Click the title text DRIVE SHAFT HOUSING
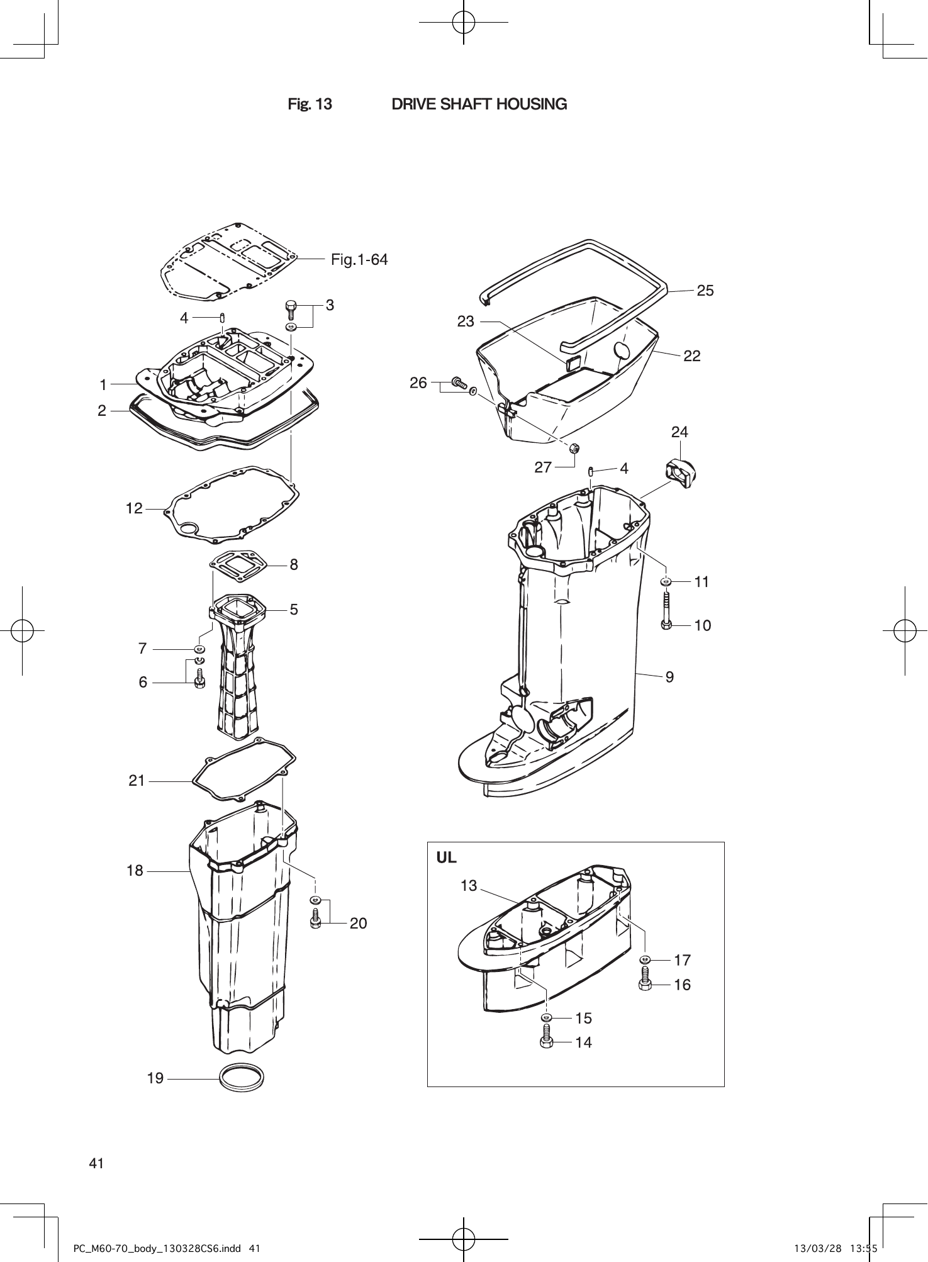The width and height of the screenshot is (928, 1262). [x=479, y=104]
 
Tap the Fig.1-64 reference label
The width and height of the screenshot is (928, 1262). [x=359, y=259]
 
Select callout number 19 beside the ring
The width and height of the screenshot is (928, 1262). [x=155, y=1078]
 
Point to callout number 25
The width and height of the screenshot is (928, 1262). [x=705, y=290]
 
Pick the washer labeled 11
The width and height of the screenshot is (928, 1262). [x=666, y=581]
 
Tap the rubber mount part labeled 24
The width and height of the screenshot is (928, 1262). [x=680, y=472]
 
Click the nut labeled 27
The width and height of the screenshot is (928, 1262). [x=574, y=449]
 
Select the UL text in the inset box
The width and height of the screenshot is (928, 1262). [x=447, y=857]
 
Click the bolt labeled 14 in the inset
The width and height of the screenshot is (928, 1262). [x=546, y=1038]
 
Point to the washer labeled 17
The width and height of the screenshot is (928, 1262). [x=645, y=959]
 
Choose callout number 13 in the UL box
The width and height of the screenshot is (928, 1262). [x=469, y=886]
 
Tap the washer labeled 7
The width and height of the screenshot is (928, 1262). [x=199, y=649]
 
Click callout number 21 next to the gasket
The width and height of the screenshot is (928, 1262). [x=137, y=781]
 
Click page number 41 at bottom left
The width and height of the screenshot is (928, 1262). [x=96, y=1163]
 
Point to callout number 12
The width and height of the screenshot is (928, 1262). [x=134, y=508]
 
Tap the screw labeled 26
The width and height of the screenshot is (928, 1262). [x=457, y=382]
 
